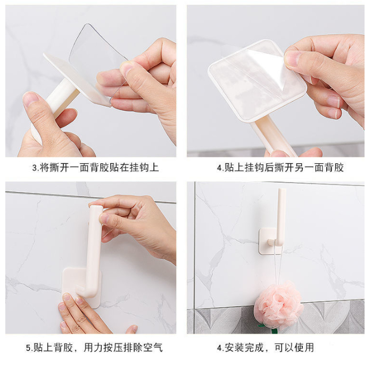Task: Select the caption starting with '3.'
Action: (95, 167)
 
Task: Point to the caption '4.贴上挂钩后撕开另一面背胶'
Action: (280, 167)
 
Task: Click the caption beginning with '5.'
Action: (94, 348)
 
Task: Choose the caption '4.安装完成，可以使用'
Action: (266, 348)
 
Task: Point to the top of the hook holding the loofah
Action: (282, 190)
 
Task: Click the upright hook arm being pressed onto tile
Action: (94, 249)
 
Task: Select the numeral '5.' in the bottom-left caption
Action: (29, 348)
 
